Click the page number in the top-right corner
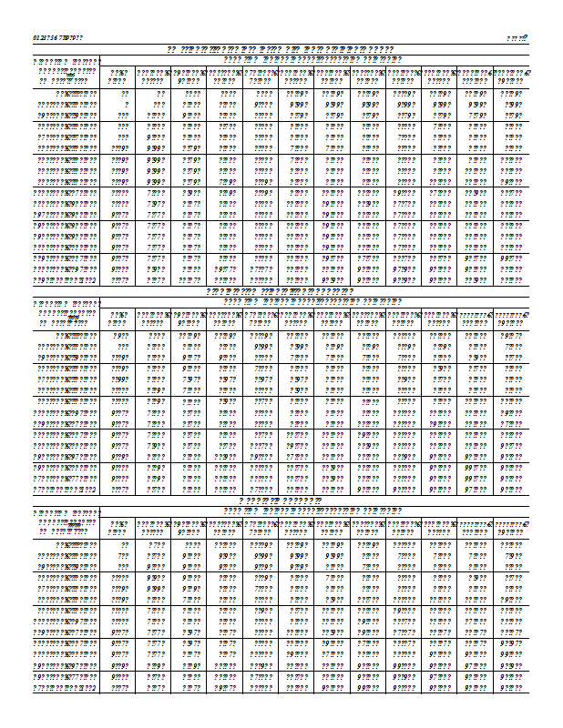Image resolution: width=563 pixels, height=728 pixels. (518, 37)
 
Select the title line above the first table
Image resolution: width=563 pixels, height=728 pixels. (280, 48)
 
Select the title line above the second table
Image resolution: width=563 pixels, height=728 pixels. (280, 291)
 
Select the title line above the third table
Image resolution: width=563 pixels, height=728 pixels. (280, 500)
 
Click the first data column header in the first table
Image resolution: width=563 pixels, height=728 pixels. (118, 76)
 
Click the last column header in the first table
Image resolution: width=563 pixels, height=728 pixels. (511, 76)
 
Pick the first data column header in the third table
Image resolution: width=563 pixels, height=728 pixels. (118, 527)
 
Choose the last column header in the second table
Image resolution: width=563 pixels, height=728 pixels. (511, 318)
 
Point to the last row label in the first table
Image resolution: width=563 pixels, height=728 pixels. (64, 279)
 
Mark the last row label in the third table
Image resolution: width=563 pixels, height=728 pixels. (64, 687)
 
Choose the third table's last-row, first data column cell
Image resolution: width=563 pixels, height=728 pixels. (119, 687)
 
